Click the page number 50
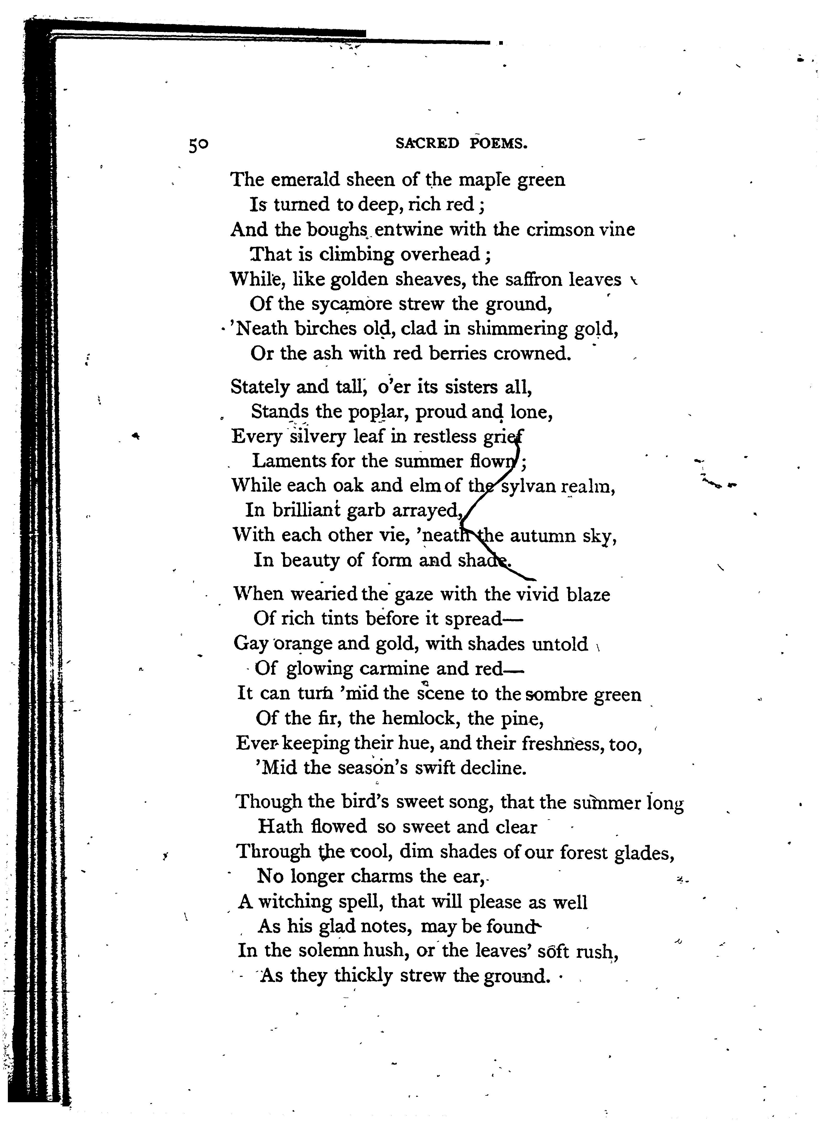tap(199, 145)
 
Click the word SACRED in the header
tap(427, 144)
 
